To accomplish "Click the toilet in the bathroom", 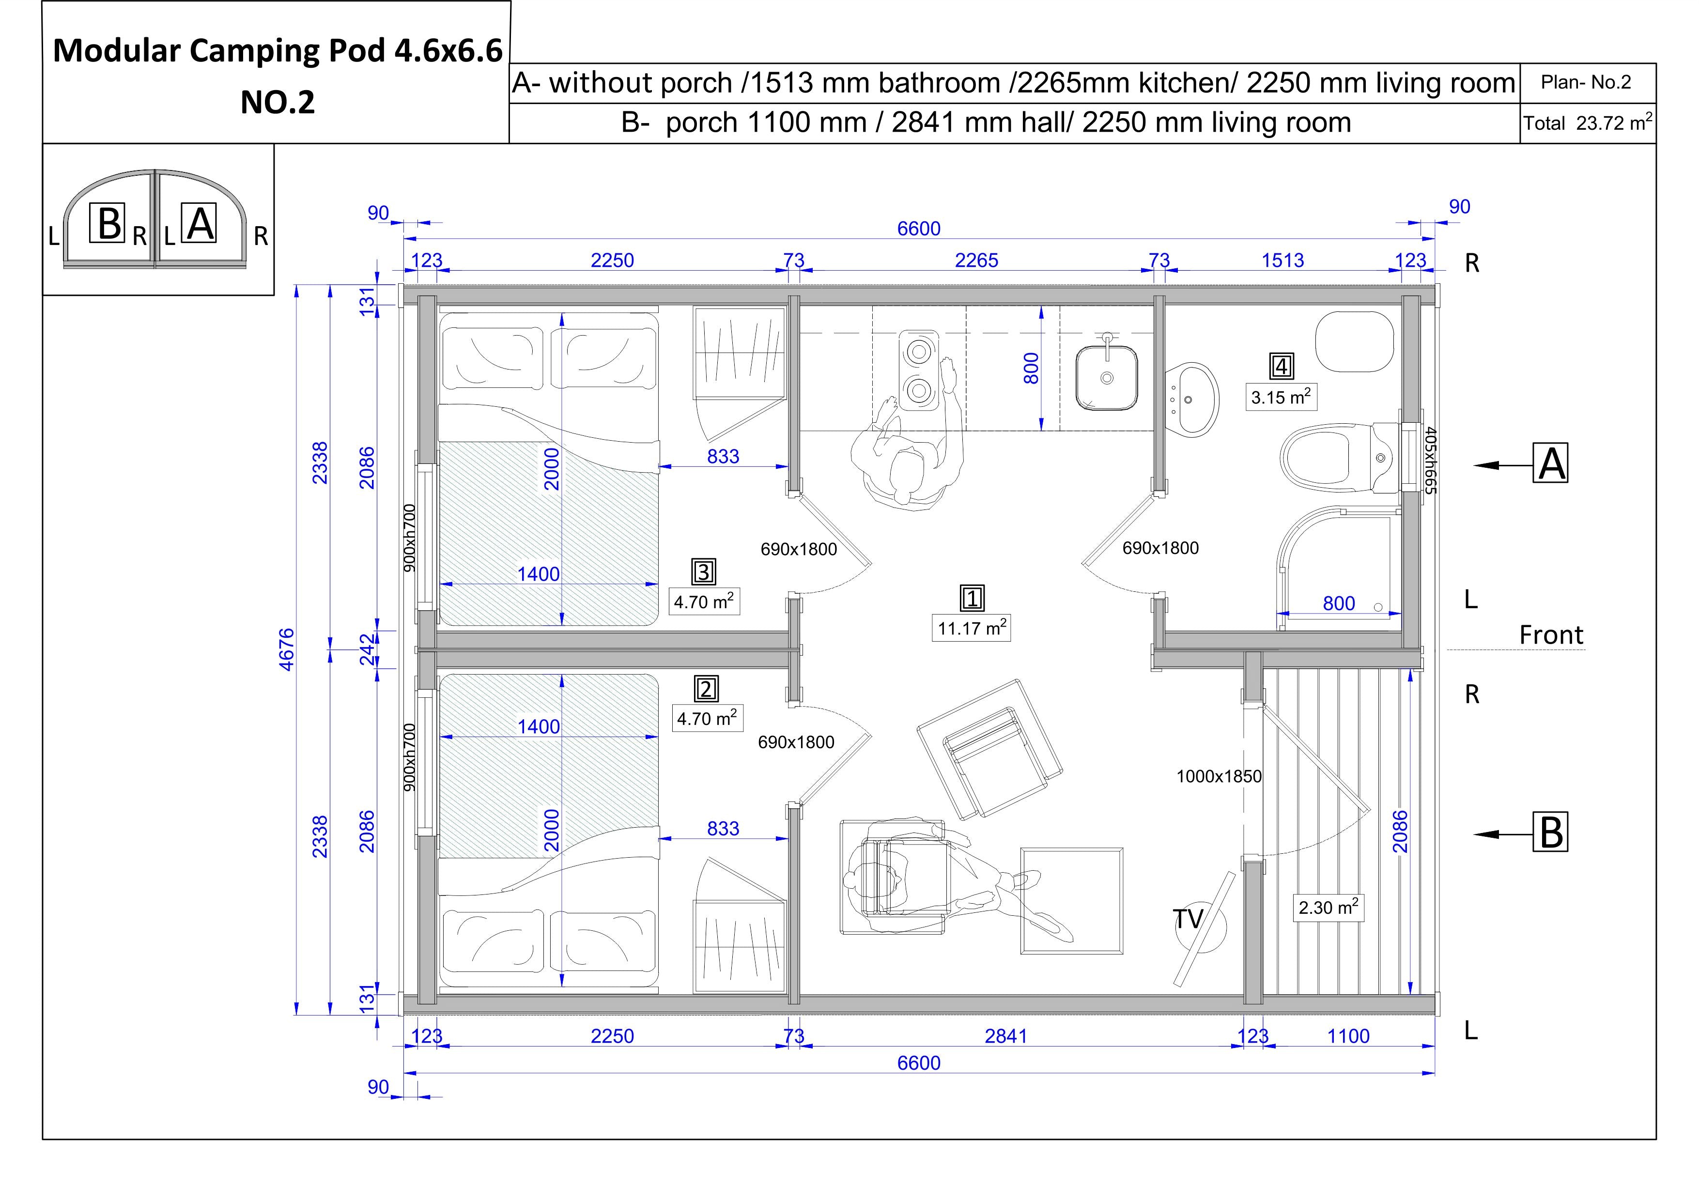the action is tap(1339, 458).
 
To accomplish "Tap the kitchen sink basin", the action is tap(1106, 377).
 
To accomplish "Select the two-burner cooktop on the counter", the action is tap(918, 370).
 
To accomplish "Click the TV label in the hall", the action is tap(1189, 919).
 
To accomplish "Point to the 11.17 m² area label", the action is tap(971, 628).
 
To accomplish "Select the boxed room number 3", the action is tap(703, 571).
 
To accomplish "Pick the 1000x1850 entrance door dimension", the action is tap(1219, 776).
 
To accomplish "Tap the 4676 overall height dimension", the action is tap(286, 648).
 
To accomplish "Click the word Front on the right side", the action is tap(1551, 634).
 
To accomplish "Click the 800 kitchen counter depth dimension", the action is tap(1031, 368).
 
